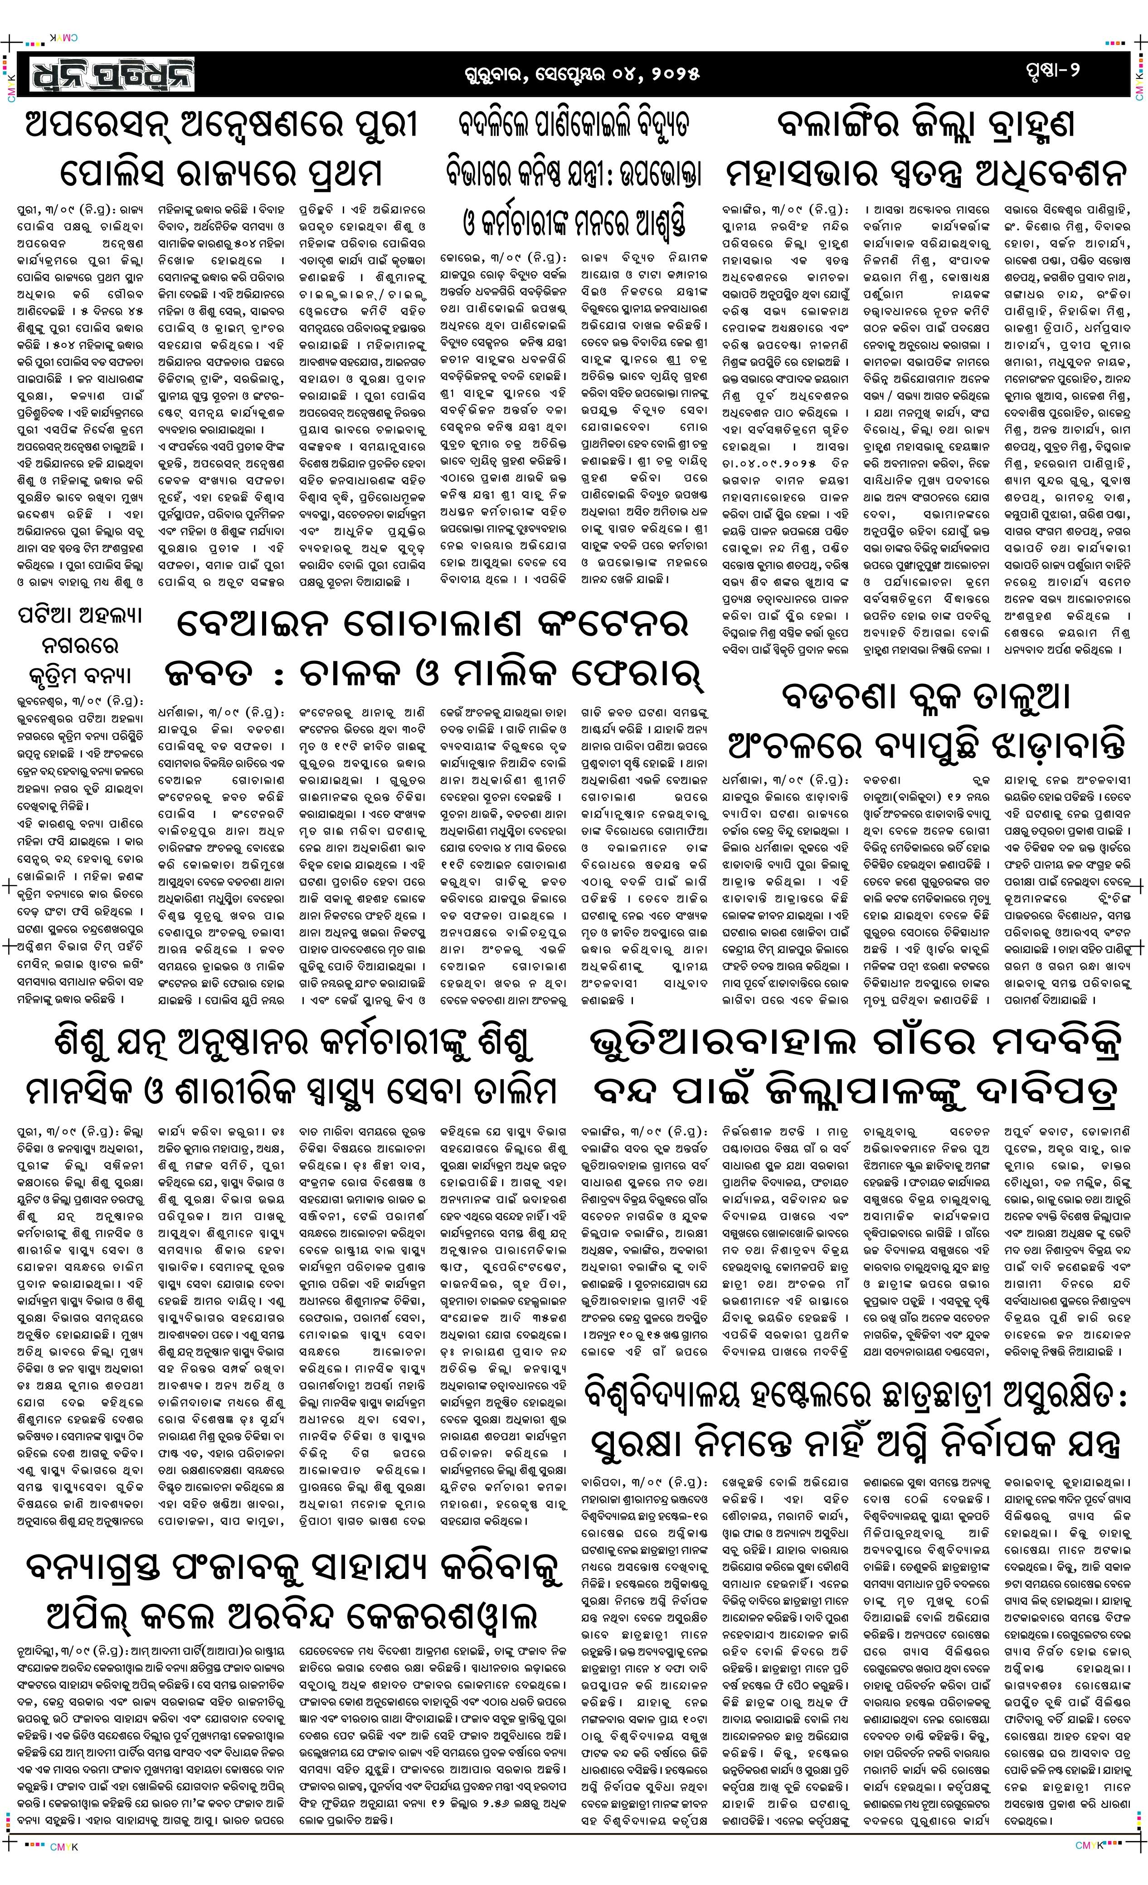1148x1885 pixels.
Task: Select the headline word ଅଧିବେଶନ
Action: (1045, 173)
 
